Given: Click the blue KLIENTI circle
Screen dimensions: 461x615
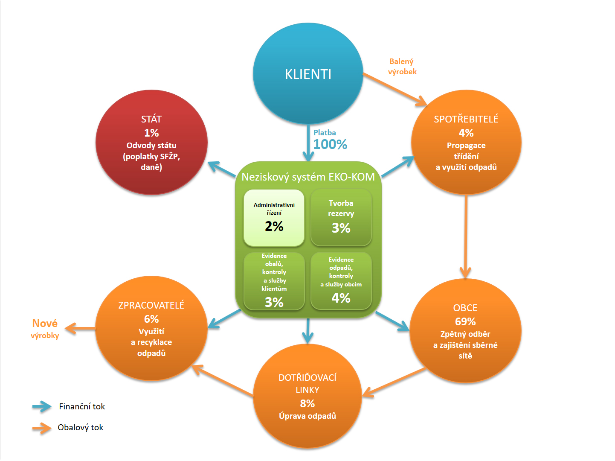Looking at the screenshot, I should click(308, 73).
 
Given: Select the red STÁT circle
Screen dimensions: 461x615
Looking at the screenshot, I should click(151, 143).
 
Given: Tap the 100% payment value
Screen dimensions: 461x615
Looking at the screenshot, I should click(330, 144).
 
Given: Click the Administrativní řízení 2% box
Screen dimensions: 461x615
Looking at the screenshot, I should click(274, 218).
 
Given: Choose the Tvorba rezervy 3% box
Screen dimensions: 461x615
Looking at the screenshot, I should click(341, 218).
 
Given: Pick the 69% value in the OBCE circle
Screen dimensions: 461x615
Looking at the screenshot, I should click(465, 321).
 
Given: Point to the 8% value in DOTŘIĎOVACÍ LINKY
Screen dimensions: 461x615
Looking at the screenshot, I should click(307, 403).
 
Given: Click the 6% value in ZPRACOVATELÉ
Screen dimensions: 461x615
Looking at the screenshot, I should click(151, 319).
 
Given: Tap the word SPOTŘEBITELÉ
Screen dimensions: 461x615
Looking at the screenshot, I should click(466, 119).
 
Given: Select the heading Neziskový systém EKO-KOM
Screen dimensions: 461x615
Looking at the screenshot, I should click(308, 177).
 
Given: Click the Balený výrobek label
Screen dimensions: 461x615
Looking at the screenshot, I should click(402, 67).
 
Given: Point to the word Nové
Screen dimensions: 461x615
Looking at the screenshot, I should click(45, 323).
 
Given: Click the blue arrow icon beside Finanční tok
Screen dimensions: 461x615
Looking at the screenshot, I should click(42, 406).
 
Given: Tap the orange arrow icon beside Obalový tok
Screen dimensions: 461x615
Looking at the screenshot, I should click(42, 428).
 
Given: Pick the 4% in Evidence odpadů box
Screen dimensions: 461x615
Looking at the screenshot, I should click(341, 298).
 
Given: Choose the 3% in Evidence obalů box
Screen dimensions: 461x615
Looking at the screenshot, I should click(274, 302).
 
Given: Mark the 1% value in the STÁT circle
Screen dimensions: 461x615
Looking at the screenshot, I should click(151, 133).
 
